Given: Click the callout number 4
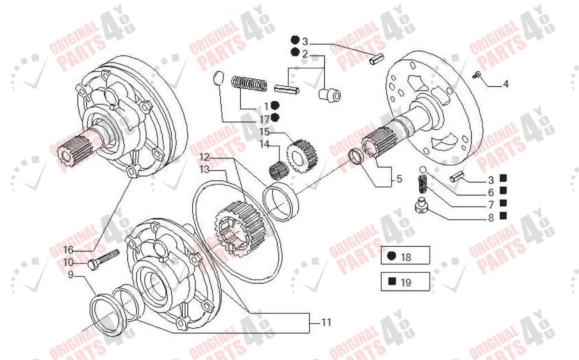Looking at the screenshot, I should click(506, 84).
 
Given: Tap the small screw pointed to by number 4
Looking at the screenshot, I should click(477, 74).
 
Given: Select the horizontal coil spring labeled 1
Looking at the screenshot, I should click(250, 83).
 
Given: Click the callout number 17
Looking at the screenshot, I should click(265, 119).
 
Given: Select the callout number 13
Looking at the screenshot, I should click(204, 170).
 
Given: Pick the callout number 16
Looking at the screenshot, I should click(68, 249).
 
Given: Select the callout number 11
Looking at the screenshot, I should click(326, 322).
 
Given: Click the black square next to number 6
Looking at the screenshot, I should click(503, 190).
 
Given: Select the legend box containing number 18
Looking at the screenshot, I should click(405, 256).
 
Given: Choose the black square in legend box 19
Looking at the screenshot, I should click(392, 282).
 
